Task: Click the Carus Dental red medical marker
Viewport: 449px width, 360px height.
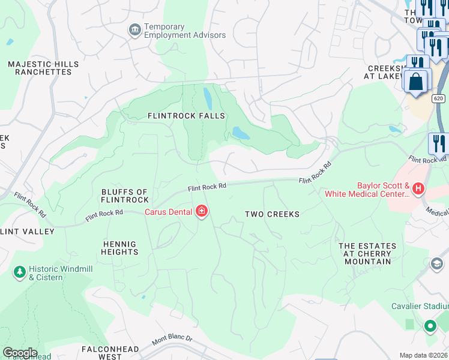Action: (x=201, y=211)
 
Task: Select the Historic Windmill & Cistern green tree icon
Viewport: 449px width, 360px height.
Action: (x=19, y=273)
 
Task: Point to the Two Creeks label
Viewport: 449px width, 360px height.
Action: (x=272, y=214)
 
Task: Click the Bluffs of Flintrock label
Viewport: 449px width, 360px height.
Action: (x=125, y=196)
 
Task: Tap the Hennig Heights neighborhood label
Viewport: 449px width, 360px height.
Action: (x=120, y=248)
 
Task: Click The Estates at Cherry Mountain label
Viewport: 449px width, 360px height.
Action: (x=367, y=250)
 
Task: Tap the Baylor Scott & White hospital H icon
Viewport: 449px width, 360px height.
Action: (x=418, y=189)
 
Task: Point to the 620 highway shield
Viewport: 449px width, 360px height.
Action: (x=439, y=97)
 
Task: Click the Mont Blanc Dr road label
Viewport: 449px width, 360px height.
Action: (x=172, y=339)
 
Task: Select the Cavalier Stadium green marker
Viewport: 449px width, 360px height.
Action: (x=430, y=326)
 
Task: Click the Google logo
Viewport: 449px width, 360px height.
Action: (x=20, y=353)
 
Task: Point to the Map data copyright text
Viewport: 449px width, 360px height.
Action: (x=423, y=355)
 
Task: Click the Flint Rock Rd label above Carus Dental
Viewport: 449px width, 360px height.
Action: (x=206, y=187)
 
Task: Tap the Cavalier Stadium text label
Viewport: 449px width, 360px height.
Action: (x=419, y=306)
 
